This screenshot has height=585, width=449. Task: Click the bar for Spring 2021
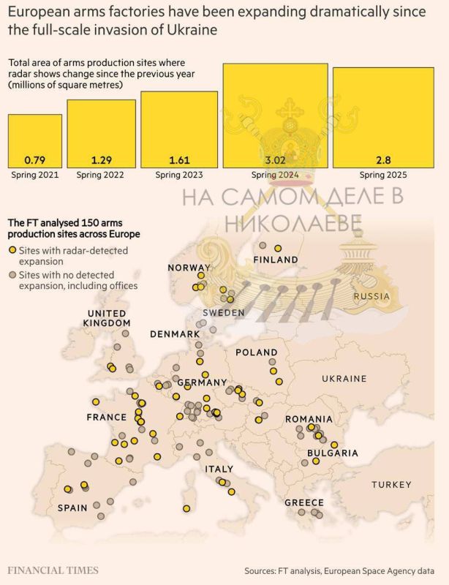coord(34,140)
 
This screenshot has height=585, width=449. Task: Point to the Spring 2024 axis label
coord(274,175)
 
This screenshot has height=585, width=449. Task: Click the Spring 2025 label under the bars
coord(384,175)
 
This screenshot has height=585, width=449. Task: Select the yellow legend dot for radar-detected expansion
coord(12,250)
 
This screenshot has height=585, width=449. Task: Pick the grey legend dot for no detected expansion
coord(12,274)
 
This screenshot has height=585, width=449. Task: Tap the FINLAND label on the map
coord(275,260)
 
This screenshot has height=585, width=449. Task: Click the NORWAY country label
coord(189,268)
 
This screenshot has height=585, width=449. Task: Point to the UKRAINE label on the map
coord(344,379)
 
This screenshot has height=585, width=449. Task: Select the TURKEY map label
coord(391,485)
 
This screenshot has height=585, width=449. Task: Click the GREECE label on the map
coord(303,502)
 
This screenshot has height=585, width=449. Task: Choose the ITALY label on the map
coord(219,469)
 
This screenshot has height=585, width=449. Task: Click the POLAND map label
coord(257,352)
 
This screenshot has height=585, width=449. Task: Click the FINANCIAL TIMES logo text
coord(53,570)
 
